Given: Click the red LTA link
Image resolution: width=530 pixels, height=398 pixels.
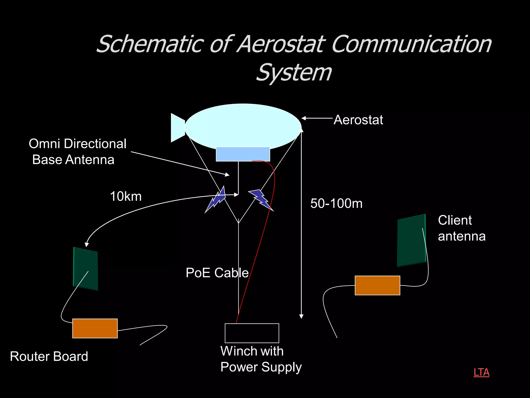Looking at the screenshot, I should (481, 372).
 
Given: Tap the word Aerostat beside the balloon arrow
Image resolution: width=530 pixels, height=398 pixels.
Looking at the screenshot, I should (358, 120).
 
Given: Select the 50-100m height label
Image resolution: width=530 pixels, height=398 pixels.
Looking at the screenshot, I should (336, 203).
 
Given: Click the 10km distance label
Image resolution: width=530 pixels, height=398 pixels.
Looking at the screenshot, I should (126, 196).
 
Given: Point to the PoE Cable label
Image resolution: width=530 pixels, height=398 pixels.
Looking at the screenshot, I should (217, 273).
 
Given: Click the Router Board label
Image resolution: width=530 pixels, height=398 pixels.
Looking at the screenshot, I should (49, 356).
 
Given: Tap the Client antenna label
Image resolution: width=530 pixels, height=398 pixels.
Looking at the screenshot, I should (461, 228).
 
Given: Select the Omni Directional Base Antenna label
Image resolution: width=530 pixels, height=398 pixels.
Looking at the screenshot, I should (77, 152).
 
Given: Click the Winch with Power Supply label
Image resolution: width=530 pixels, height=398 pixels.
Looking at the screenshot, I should (261, 359).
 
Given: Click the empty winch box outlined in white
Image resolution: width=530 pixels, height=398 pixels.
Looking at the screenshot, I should (252, 333).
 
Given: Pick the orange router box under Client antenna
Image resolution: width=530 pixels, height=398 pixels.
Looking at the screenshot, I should (377, 286).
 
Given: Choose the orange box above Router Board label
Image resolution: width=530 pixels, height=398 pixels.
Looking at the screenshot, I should (95, 328).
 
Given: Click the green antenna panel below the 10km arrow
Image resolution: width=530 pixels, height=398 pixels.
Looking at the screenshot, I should (85, 268).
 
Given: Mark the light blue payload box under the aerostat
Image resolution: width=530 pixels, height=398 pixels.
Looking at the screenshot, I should (243, 154).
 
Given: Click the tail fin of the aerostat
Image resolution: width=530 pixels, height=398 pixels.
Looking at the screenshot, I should (177, 128).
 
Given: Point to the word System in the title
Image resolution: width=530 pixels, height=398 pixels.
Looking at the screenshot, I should (294, 73).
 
